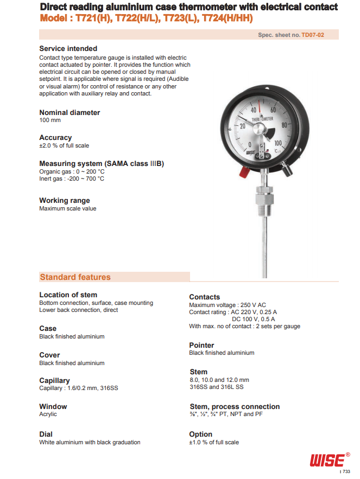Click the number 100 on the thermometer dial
tap(277, 143)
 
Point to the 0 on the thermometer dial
tap(249, 144)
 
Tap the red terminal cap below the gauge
tap(244, 173)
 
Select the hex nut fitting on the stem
tap(264, 192)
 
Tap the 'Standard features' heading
tap(75, 277)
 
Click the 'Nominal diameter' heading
tap(70, 113)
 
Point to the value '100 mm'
tap(50, 120)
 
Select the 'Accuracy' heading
tap(55, 138)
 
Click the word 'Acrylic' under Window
tap(48, 414)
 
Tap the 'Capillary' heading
tap(54, 381)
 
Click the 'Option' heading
tap(200, 435)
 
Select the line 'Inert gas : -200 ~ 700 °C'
tap(72, 178)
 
